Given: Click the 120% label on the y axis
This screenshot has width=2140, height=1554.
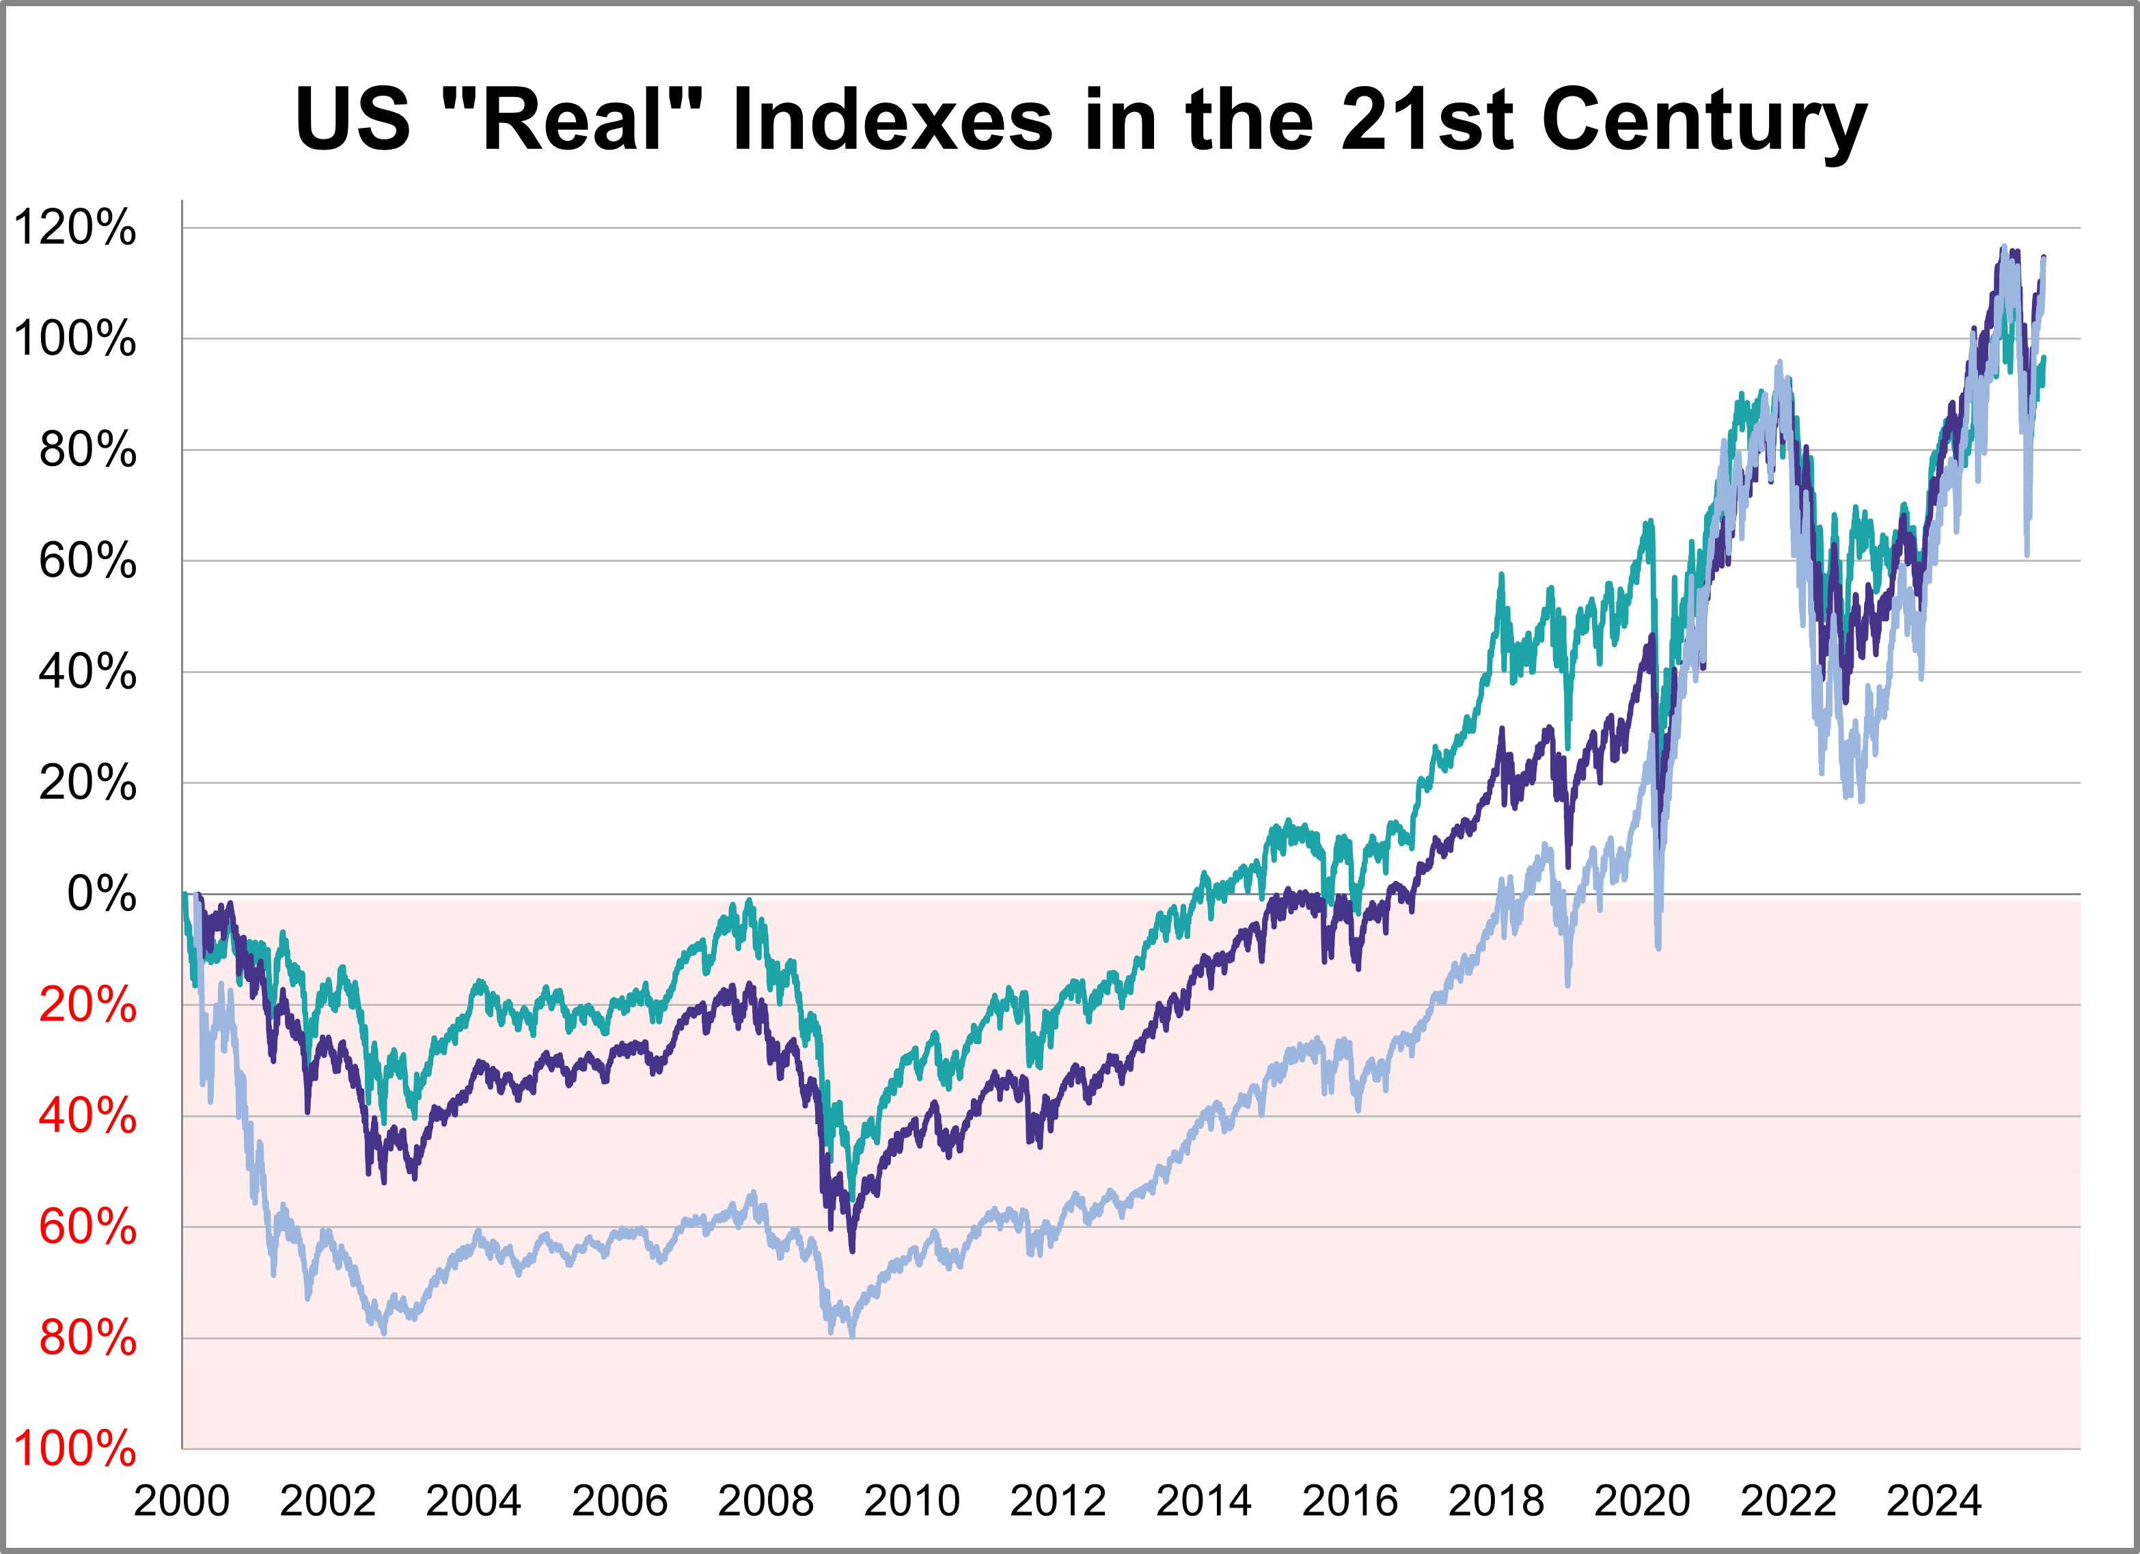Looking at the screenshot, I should pos(74,228).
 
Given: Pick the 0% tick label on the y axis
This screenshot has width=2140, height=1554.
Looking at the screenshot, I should pos(101,894).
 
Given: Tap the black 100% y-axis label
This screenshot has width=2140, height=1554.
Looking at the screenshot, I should pos(74,339).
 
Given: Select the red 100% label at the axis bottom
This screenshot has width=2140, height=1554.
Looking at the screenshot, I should pos(74,1449).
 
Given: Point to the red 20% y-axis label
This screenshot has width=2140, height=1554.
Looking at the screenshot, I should pos(87,1005).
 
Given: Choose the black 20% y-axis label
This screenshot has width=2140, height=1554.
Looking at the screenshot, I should pos(87,783).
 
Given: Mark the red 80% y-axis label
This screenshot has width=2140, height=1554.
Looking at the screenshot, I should pos(87,1338).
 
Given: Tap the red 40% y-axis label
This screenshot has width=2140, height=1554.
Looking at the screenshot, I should pos(87,1116).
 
